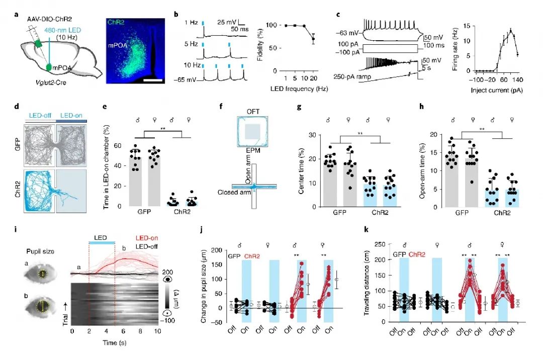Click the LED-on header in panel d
[x=72, y=116]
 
